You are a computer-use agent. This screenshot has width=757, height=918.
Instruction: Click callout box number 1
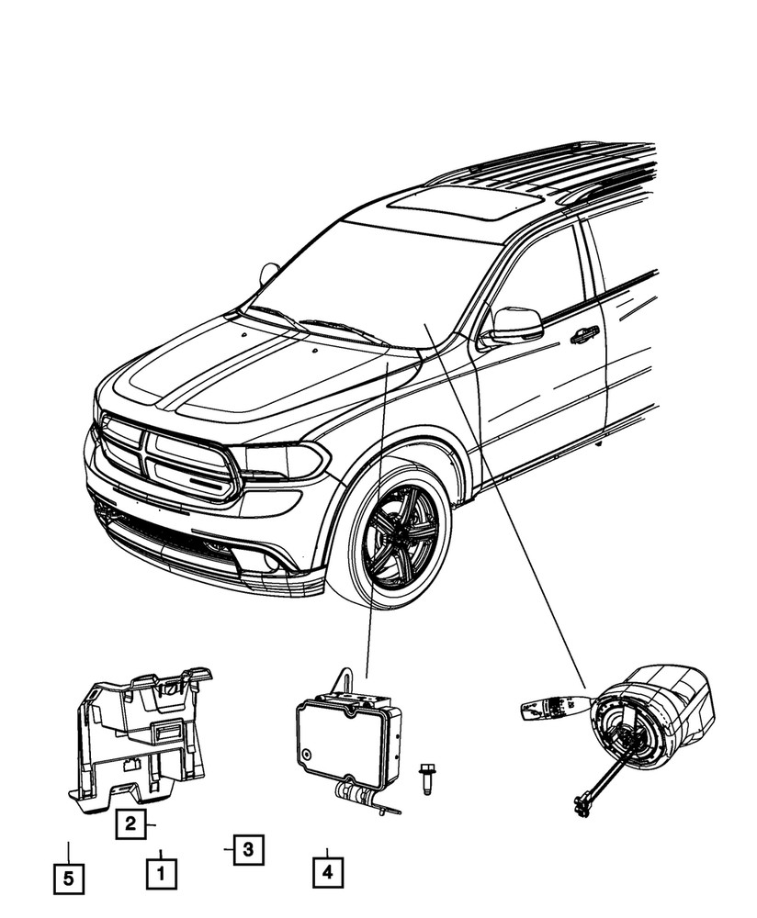162,869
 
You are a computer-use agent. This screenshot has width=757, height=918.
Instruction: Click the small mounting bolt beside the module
426,778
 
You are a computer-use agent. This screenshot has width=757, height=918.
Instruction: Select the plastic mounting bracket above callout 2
142,734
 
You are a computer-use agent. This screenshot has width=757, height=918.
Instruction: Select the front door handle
583,336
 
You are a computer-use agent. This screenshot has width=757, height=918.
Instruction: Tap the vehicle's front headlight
280,459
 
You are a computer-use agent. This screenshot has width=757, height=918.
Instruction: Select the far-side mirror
269,273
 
